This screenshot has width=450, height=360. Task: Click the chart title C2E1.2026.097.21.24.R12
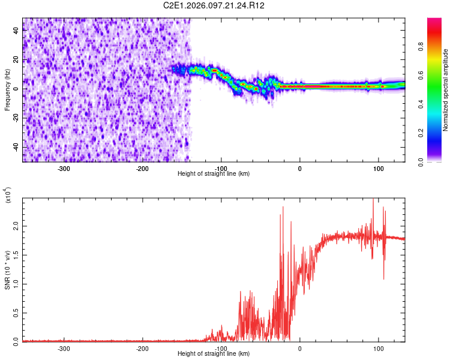(214, 5)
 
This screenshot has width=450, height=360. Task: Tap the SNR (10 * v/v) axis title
(7, 269)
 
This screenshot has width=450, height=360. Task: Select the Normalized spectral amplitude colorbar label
(446, 90)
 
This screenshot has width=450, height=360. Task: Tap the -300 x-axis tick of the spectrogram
(64, 169)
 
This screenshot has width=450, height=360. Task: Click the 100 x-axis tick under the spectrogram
(378, 169)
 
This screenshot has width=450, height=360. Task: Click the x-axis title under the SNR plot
(214, 354)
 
